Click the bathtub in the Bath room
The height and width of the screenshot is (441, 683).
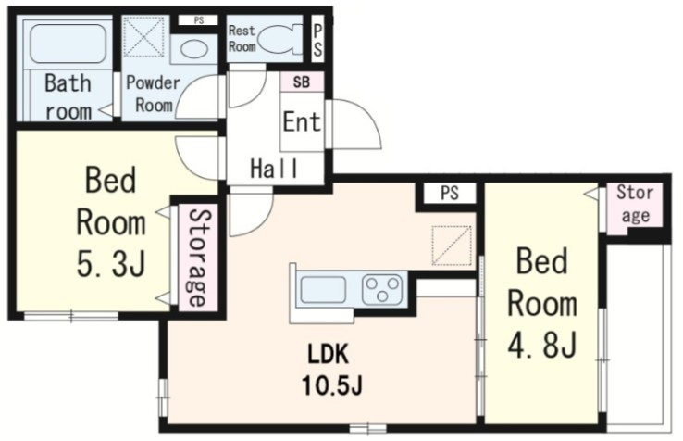click(x=68, y=44)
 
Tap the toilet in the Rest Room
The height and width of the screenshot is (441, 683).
click(x=280, y=39)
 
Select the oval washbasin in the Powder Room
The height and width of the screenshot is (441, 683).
click(x=193, y=49)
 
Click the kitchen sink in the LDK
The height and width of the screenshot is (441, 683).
click(x=323, y=289)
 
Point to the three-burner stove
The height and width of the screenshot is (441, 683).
click(x=382, y=289)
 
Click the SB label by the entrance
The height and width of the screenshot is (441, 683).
click(x=302, y=82)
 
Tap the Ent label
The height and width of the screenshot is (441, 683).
click(x=302, y=121)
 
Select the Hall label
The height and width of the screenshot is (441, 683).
click(x=275, y=169)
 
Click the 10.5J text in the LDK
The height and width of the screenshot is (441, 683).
click(x=332, y=385)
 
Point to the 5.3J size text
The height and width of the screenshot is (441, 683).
click(x=111, y=265)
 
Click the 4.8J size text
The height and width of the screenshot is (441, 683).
click(x=542, y=344)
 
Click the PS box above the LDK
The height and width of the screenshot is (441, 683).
click(x=450, y=193)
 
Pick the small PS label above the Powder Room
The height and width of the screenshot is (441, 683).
click(x=199, y=20)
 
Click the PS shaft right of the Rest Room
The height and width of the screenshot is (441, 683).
click(x=317, y=40)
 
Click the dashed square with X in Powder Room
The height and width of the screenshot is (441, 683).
click(x=144, y=37)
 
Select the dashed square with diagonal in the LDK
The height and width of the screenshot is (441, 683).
click(x=452, y=246)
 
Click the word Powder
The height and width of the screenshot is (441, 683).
click(x=153, y=82)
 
